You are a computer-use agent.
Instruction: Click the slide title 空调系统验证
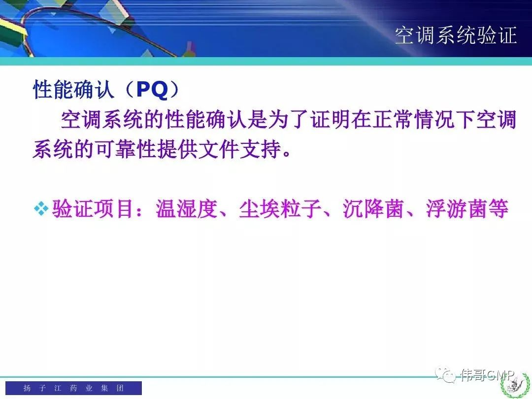pyautogui.click(x=456, y=35)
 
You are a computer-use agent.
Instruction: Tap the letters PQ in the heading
pyautogui.click(x=152, y=90)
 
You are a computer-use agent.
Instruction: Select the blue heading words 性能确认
pyautogui.click(x=73, y=90)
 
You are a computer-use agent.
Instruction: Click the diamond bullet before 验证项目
pyautogui.click(x=41, y=208)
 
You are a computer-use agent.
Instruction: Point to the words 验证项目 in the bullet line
pyautogui.click(x=92, y=208)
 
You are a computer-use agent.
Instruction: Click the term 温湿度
pyautogui.click(x=186, y=208)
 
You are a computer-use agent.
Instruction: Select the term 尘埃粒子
pyautogui.click(x=280, y=208)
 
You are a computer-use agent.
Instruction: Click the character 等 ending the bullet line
pyautogui.click(x=498, y=208)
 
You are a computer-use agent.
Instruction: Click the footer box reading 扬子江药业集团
pyautogui.click(x=73, y=388)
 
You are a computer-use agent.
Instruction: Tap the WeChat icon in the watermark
pyautogui.click(x=445, y=374)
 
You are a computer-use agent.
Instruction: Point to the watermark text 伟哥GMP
pyautogui.click(x=488, y=375)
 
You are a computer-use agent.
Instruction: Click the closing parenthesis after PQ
pyautogui.click(x=174, y=90)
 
